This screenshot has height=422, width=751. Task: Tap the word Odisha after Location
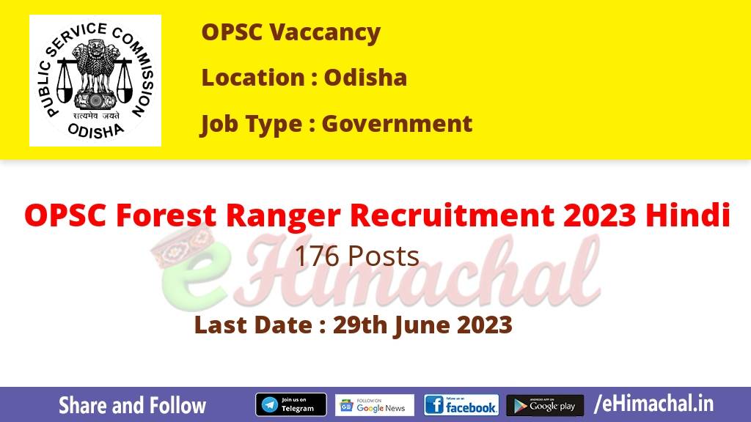pos(365,78)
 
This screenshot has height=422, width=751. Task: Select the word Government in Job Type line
pos(397,123)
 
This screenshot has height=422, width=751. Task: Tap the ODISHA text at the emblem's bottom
pos(95,130)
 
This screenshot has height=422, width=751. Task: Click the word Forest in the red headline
pos(166,215)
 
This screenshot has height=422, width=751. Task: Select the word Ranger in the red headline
pos(283,216)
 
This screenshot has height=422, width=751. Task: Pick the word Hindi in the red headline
pos(688,215)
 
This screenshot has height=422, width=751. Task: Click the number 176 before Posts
pos(317,256)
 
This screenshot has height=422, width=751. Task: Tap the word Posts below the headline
pos(384,256)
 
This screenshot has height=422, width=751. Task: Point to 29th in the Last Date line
pos(360,325)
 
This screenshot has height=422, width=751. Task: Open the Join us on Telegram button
pos(291,404)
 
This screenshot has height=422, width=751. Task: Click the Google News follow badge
pos(375,404)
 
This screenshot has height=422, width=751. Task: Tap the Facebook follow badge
pos(461,404)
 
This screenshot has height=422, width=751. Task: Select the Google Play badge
pos(545,405)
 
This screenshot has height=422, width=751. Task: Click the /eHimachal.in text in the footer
pos(653,404)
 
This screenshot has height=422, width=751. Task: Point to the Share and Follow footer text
pos(132,405)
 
